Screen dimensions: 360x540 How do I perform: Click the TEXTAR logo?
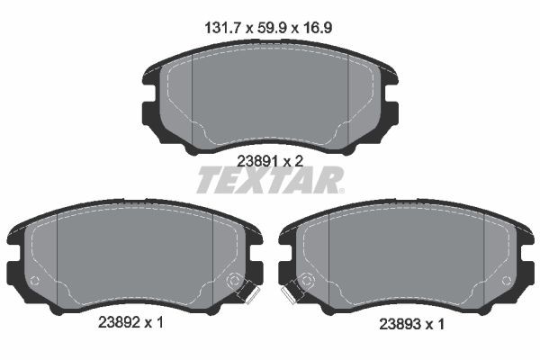[269, 181]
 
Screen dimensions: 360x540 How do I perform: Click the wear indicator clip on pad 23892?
[246, 291]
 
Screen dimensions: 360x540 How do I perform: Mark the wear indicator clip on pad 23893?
[291, 291]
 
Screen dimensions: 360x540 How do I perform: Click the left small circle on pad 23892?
[34, 281]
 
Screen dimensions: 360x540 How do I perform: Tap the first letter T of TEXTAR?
[205, 181]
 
